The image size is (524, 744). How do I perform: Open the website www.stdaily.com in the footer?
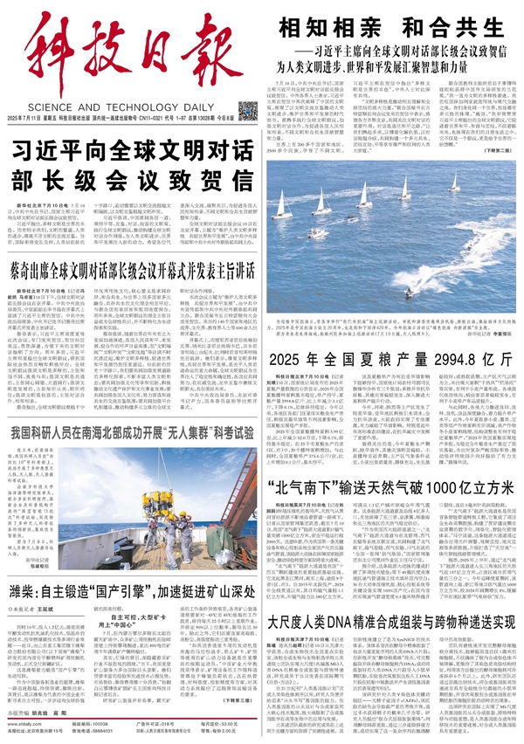tap(24, 724)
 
